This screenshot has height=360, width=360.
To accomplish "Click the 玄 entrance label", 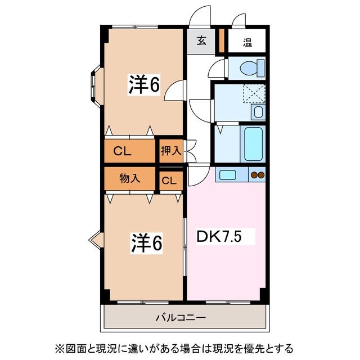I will point(201,41).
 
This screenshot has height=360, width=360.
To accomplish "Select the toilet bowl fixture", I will point(249,68).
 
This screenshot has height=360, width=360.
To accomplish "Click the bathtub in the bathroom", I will point(254,143).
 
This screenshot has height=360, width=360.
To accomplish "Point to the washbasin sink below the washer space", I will point(258,111).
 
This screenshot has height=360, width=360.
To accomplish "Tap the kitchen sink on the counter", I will point(228,175).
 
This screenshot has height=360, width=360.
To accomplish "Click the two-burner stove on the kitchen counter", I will point(257,175).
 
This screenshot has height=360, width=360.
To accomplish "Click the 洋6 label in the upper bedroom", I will point(144,84).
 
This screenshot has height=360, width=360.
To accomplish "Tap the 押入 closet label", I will point(170,151).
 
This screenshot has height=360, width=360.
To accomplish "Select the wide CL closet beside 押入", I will point(129,151).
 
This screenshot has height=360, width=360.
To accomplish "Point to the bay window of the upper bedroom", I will point(94,83).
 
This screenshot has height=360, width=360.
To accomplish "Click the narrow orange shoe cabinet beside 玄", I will point(222,40).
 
